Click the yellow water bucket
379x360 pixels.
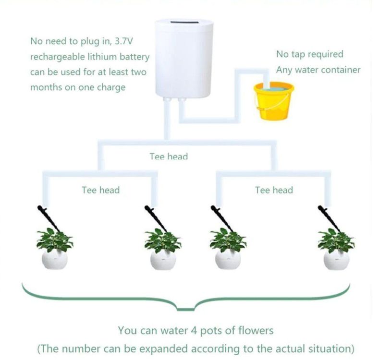pyautogui.click(x=274, y=101)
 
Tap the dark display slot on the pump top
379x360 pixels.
pyautogui.click(x=184, y=23)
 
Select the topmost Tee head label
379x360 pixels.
pyautogui.click(x=169, y=156)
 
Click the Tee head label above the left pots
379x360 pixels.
pyautogui.click(x=100, y=190)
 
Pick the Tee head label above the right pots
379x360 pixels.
pyautogui.click(x=274, y=190)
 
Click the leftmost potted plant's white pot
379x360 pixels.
pyautogui.click(x=55, y=260)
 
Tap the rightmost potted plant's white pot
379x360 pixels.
pyautogui.click(x=336, y=260)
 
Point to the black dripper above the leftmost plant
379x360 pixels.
pyautogui.click(x=49, y=218)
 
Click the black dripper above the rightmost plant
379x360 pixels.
pyautogui.click(x=329, y=219)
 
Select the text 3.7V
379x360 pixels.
pyautogui.click(x=123, y=41)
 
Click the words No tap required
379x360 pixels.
pyautogui.click(x=310, y=54)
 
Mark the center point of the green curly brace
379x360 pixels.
pyautogui.click(x=185, y=308)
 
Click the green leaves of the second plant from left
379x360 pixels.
pyautogui.click(x=162, y=240)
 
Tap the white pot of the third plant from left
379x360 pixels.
pyautogui.click(x=228, y=260)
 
